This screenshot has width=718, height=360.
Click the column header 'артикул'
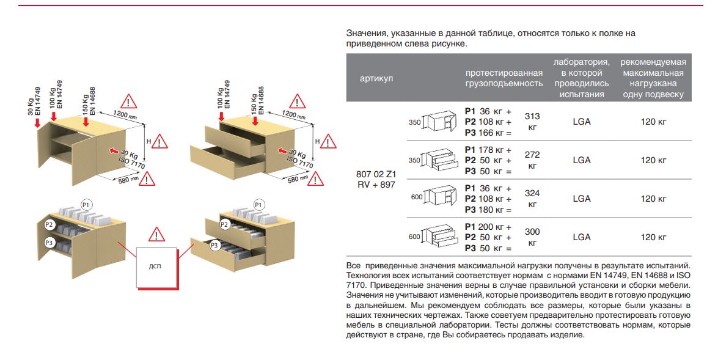coord(376,78)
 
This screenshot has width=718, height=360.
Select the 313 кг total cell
coord(532,121)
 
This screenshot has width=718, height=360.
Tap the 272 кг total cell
coord(532,160)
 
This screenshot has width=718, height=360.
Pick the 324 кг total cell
coord(532,199)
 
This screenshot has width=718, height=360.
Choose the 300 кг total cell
coord(532,237)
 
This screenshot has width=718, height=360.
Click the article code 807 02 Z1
coord(373,174)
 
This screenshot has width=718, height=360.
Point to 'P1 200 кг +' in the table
coord(488,227)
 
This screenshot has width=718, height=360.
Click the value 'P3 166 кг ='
coord(488,132)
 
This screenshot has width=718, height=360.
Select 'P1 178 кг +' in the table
coord(488,150)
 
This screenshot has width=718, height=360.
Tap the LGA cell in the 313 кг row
coord(582,122)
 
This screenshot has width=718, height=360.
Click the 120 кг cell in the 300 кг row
coord(653,237)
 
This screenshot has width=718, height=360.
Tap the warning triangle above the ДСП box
coord(157,235)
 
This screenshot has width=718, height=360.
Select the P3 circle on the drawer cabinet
coord(214,246)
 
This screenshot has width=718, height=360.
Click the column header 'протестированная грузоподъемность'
coord(504,78)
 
